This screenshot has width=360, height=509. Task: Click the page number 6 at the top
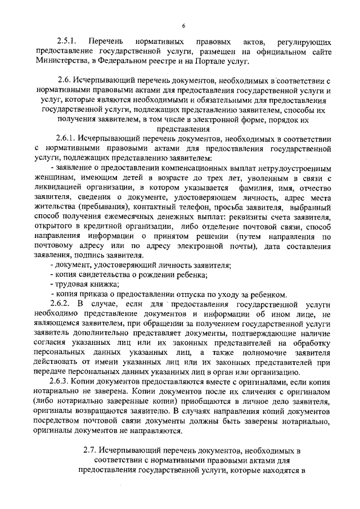[183, 26]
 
